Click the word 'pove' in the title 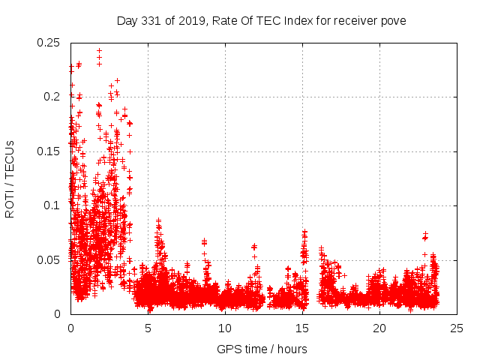(x=392, y=21)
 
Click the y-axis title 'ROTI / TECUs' (x=10, y=178)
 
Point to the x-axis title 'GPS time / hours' (x=262, y=349)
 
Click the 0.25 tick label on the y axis (x=49, y=43)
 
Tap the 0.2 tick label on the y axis (x=53, y=97)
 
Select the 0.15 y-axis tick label (x=49, y=151)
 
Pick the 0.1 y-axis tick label (x=53, y=205)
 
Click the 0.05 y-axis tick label (x=49, y=259)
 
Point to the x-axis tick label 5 (x=148, y=328)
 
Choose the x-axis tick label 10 (x=225, y=328)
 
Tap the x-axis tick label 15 (x=302, y=328)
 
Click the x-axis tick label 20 (x=379, y=328)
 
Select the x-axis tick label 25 (x=457, y=328)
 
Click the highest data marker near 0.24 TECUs (x=99, y=51)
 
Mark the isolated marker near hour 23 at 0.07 (x=425, y=237)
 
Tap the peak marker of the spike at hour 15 (x=304, y=232)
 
